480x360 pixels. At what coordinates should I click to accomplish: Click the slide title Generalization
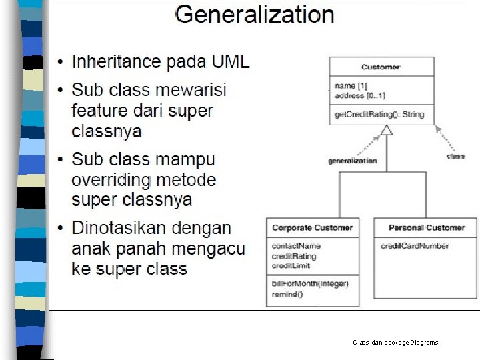point(254,15)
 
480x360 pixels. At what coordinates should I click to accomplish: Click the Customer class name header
point(381,67)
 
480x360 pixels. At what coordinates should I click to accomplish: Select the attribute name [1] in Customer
point(351,86)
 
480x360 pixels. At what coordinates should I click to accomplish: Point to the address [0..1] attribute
point(359,96)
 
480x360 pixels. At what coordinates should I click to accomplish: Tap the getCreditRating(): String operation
point(379,115)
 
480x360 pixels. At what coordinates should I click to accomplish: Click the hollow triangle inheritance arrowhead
point(387,130)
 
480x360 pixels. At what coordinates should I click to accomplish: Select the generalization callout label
point(352,161)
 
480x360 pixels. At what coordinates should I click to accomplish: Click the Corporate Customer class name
point(312,227)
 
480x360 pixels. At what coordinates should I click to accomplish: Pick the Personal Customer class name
point(427,227)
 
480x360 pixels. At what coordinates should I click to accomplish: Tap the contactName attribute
point(296,246)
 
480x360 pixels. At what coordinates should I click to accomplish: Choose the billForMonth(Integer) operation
point(310,283)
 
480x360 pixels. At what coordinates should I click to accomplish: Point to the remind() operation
point(287,293)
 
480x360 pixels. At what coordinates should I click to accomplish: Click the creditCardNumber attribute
point(415,246)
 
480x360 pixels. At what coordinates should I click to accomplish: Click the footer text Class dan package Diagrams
point(395,343)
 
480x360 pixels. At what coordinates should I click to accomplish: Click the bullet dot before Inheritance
point(61,63)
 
